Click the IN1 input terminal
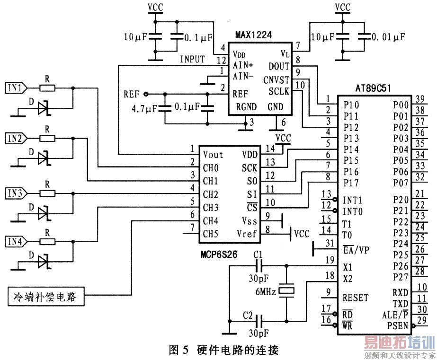pos(17,88)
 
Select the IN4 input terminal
pos(17,241)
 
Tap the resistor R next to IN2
pos(47,139)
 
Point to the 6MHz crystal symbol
pos(286,290)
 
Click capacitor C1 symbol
pos(259,266)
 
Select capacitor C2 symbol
pos(259,321)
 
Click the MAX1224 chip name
pos(253,35)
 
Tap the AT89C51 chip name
pos(373,88)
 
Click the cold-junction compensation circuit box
pos(46,297)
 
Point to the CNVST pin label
pos(276,80)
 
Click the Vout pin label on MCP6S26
pos(213,155)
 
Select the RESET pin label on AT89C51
pos(356,298)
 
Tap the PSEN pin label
pos(398,325)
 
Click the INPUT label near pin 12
pos(193,59)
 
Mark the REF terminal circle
pos(145,94)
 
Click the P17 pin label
pos(351,183)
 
